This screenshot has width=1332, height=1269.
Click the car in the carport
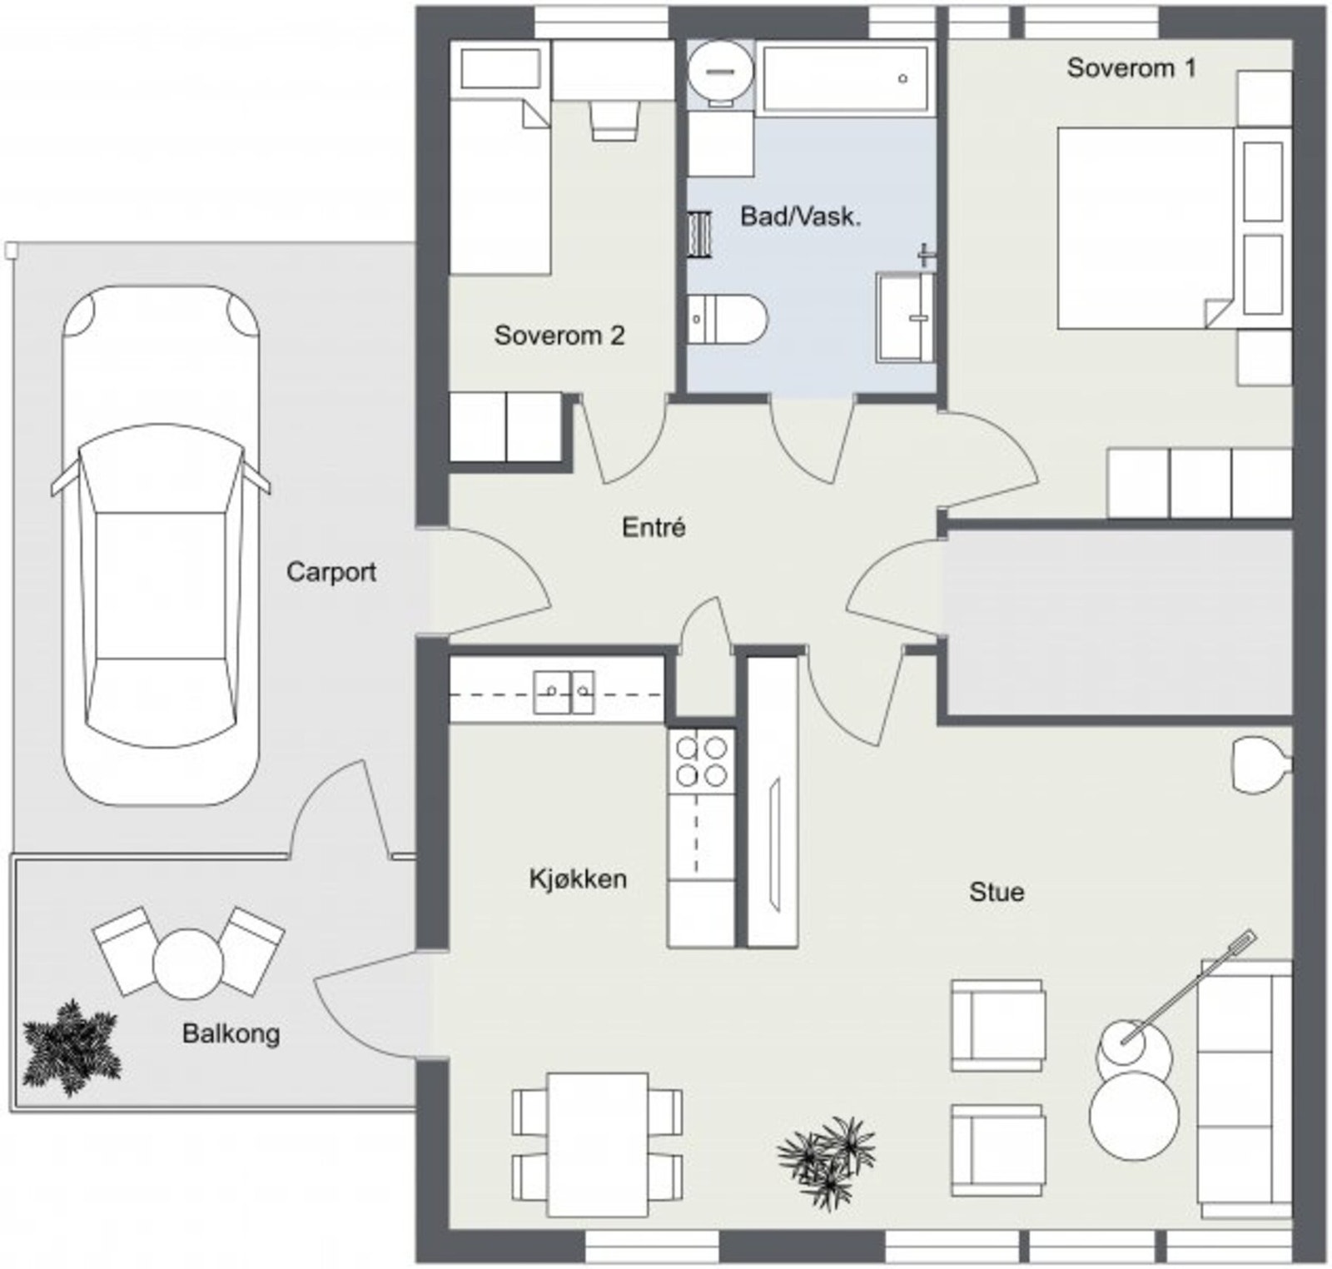161,545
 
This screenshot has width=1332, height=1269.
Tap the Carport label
331,572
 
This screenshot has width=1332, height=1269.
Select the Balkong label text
231,1034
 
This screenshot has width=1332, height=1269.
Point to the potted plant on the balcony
71,1048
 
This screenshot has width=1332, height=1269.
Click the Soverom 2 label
559,336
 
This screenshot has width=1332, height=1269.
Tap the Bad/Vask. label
800,217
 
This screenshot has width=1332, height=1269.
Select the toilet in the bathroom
726,318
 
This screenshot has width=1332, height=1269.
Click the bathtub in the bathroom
844,78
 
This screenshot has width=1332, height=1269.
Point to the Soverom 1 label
1131,67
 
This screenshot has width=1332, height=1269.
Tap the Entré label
654,527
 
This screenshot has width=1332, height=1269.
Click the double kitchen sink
564,692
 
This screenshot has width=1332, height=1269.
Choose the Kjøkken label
578,878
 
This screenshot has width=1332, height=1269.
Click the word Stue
997,893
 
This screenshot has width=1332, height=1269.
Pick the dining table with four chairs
597,1144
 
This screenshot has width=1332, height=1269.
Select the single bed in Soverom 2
499,158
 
